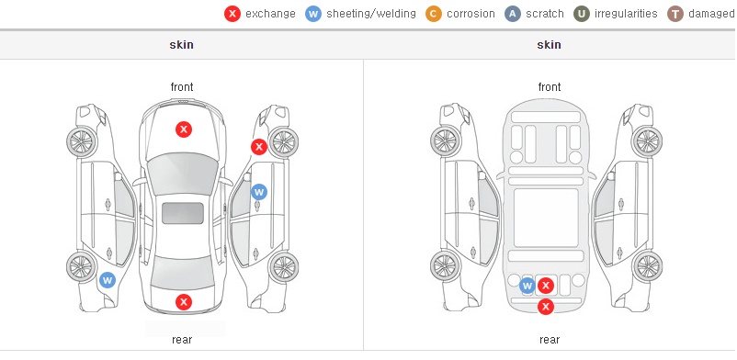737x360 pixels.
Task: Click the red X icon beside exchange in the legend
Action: point(232,14)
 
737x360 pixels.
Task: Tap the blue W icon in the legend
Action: point(313,14)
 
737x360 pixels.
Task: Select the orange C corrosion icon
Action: point(434,14)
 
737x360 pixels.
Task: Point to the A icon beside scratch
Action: point(513,14)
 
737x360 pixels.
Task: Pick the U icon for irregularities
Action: point(582,14)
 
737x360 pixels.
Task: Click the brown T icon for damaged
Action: point(675,14)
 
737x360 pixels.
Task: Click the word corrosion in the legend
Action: point(471,14)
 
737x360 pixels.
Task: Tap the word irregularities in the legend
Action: point(626,14)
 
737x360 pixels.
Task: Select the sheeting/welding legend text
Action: point(371,14)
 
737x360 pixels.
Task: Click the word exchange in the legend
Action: point(270,14)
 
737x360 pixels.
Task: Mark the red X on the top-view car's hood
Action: point(184,129)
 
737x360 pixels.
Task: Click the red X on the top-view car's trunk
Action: point(184,302)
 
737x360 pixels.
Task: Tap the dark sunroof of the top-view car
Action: point(183,213)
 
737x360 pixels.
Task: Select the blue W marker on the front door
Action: point(259,192)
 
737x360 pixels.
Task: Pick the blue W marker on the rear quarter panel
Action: point(108,281)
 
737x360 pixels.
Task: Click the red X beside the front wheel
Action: point(258,147)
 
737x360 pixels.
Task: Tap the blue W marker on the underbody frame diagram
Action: point(527,286)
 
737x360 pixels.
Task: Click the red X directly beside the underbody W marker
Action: point(546,286)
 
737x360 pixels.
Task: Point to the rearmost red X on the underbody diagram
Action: point(546,307)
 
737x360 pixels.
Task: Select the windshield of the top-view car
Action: point(183,174)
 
